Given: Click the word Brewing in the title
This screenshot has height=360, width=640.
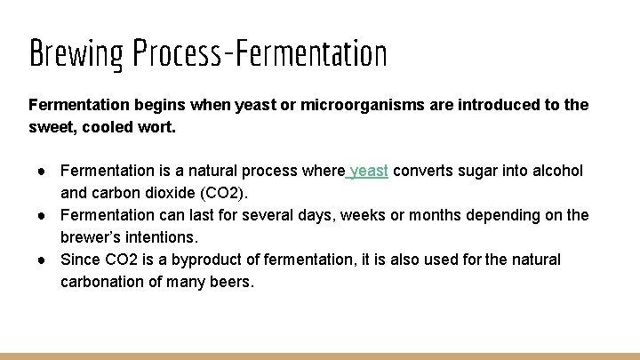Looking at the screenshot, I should point(77,55).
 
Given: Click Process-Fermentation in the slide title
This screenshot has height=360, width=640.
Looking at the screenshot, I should point(260,55).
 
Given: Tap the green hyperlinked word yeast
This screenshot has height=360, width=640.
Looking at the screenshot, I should point(370,171).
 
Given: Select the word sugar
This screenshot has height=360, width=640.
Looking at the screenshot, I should point(478,171).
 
